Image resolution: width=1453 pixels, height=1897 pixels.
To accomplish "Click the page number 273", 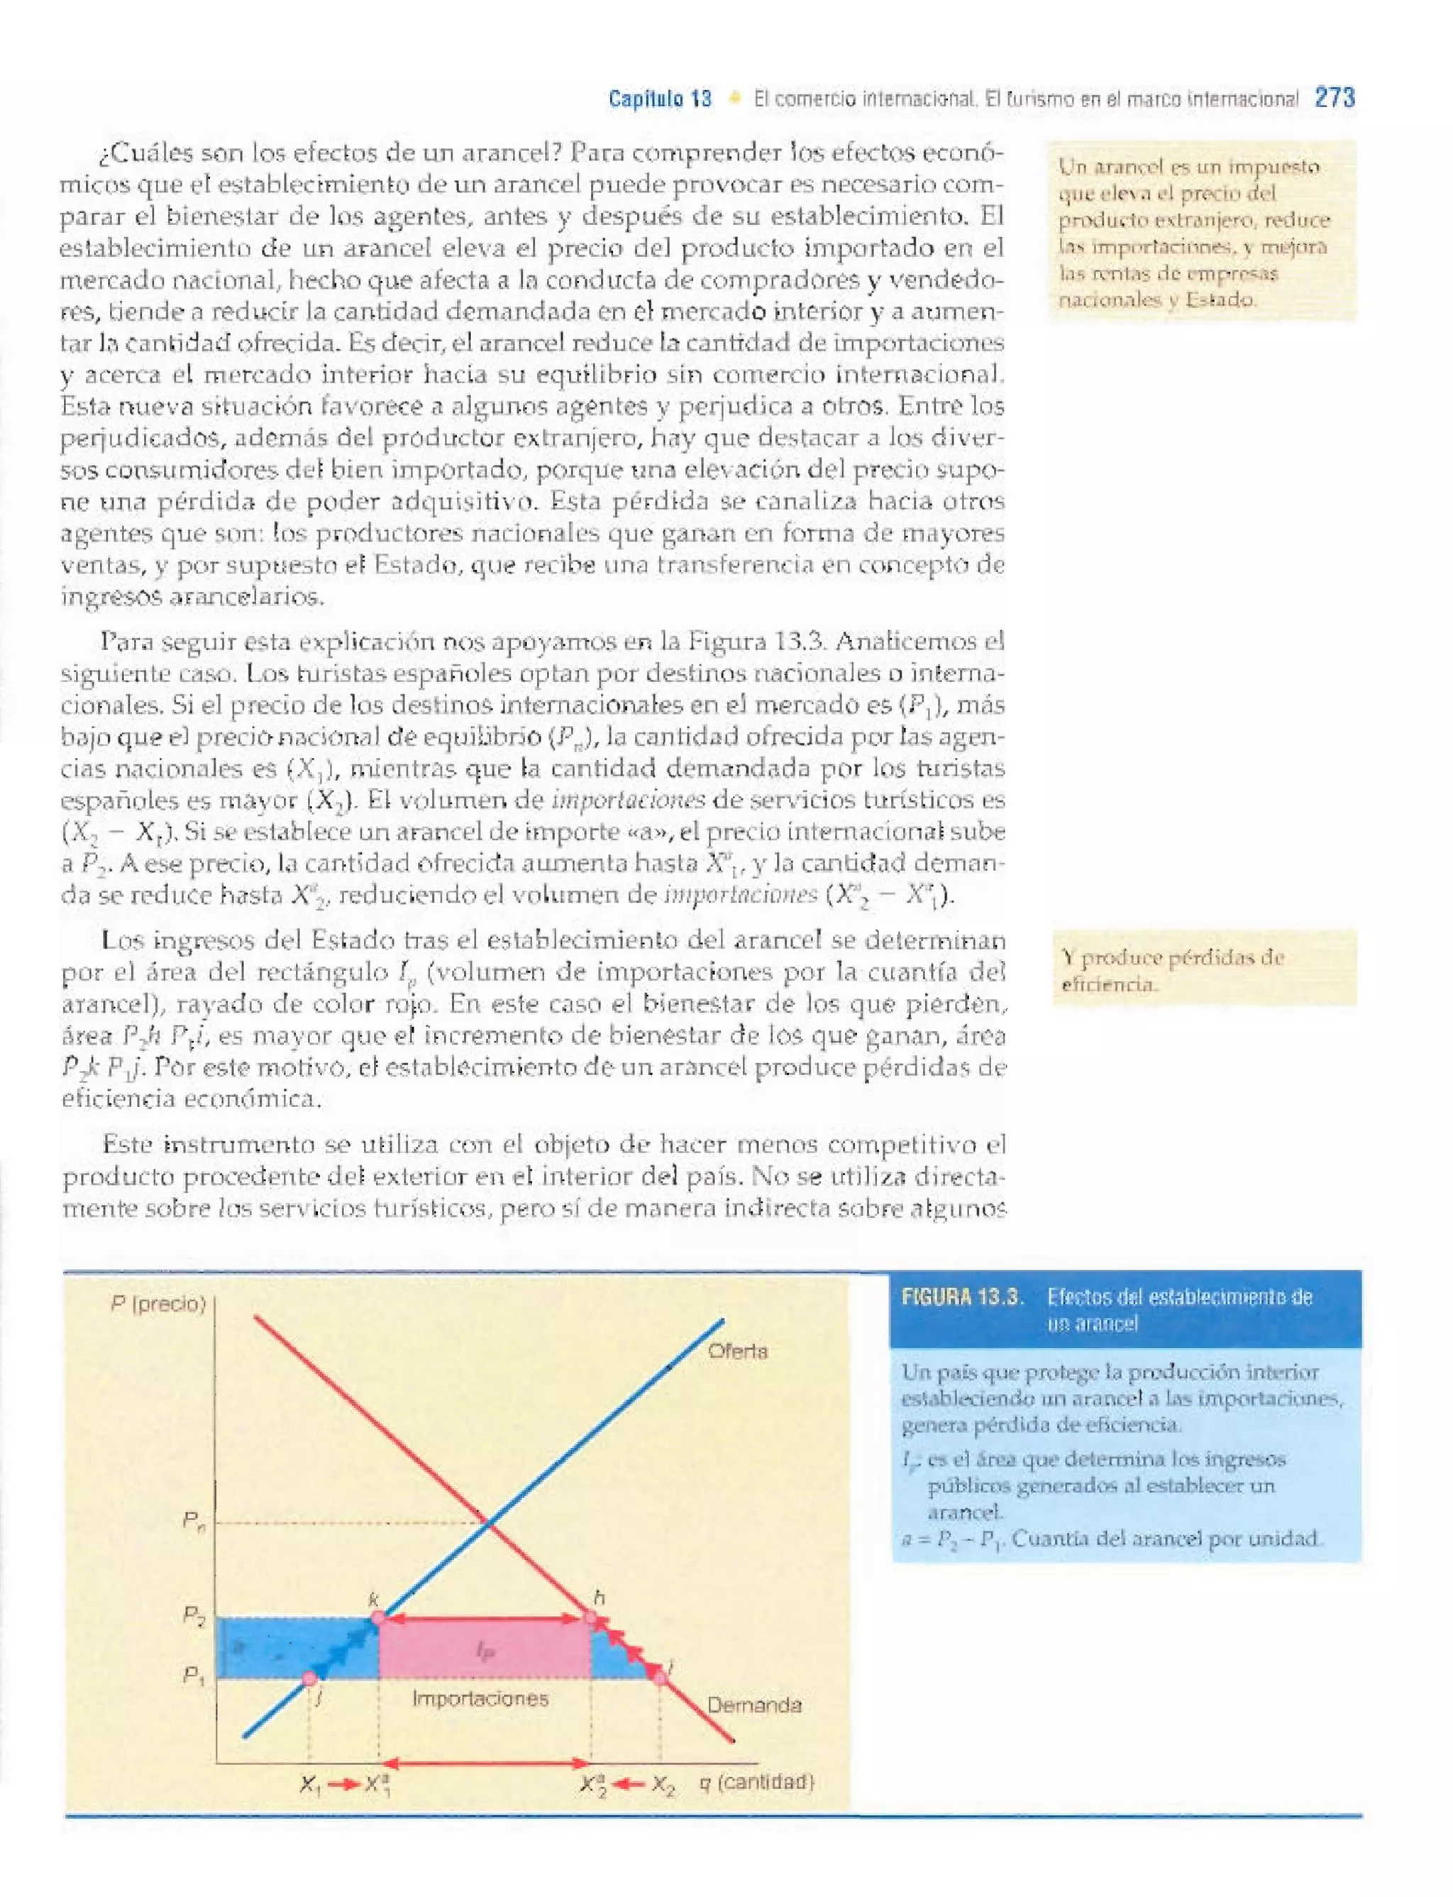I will tap(1335, 98).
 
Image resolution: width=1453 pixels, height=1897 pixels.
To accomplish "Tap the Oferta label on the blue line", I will tap(737, 1351).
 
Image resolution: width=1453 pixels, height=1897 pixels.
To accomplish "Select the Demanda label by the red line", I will tap(753, 1705).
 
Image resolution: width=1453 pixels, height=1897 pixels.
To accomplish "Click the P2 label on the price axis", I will tap(194, 1615).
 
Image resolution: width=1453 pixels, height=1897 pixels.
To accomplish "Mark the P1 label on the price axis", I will tap(194, 1676).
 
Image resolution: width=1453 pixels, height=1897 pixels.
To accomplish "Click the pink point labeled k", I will tap(377, 1617).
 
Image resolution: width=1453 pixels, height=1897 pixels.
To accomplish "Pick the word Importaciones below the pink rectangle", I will tap(480, 1698).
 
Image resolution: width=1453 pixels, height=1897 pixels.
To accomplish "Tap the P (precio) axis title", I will tap(158, 1304).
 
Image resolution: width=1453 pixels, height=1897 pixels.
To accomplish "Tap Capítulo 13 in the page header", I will tap(660, 99).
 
